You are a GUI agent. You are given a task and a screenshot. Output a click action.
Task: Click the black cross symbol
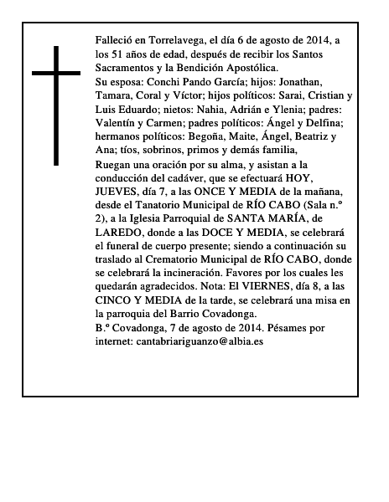click(x=58, y=105)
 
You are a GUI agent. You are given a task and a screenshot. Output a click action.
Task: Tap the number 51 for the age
click(x=118, y=54)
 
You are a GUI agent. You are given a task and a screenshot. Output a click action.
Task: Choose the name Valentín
click(x=119, y=122)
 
